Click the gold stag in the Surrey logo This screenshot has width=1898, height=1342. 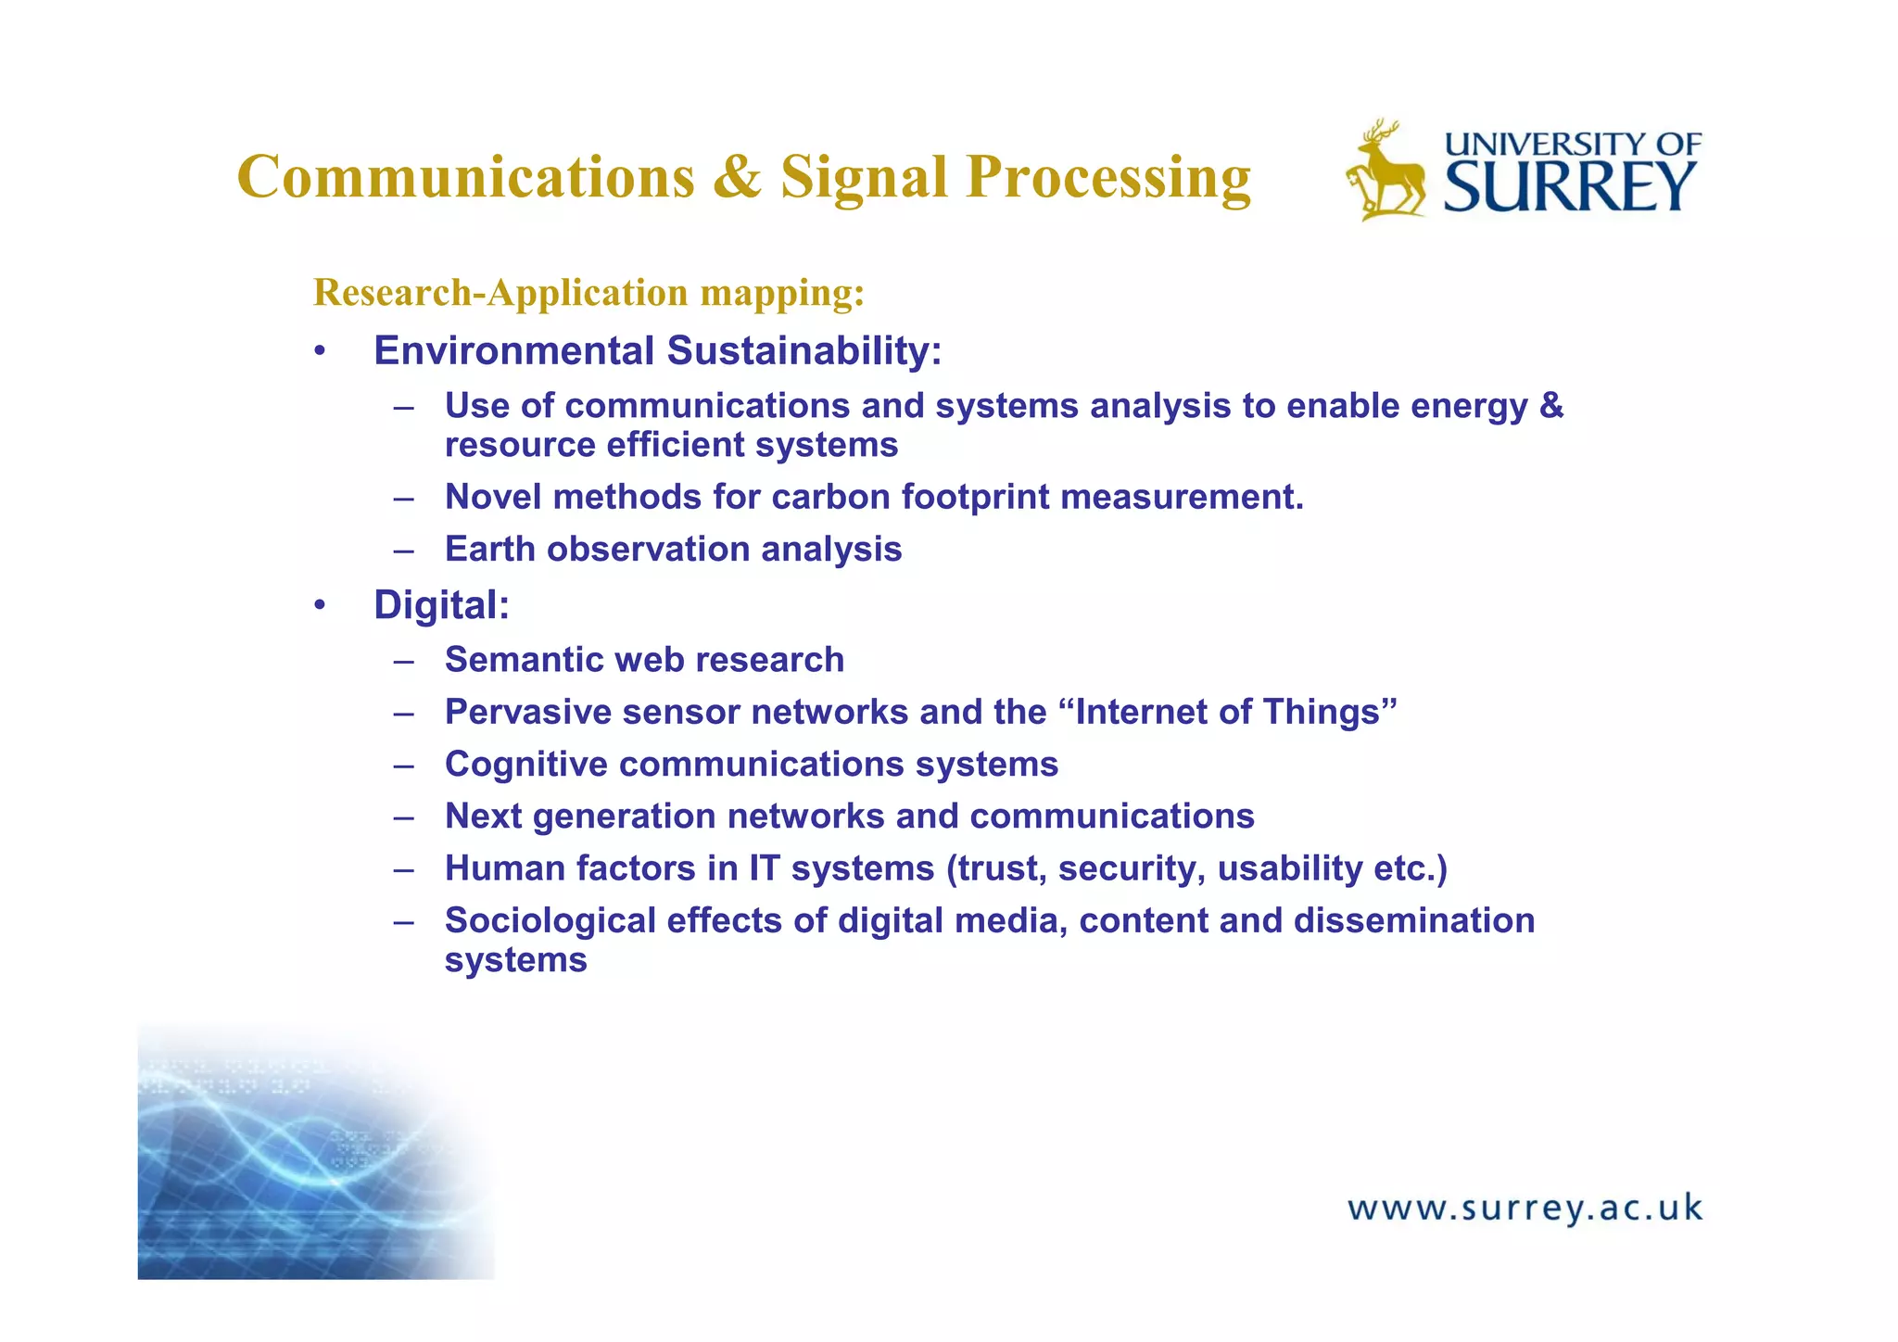pyautogui.click(x=1386, y=172)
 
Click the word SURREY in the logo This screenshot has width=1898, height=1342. pyautogui.click(x=1570, y=187)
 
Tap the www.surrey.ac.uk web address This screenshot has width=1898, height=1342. pyautogui.click(x=1525, y=1209)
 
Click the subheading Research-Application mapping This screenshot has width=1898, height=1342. pyautogui.click(x=589, y=293)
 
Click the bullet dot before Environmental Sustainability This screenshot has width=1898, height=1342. pyautogui.click(x=320, y=352)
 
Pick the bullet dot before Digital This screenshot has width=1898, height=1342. pyautogui.click(x=320, y=606)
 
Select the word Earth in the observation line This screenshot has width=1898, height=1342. pyautogui.click(x=490, y=550)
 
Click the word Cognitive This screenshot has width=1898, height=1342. pyautogui.click(x=525, y=765)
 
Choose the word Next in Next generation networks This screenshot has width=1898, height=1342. pyautogui.click(x=483, y=817)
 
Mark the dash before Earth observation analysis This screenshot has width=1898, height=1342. pyautogui.click(x=403, y=551)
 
